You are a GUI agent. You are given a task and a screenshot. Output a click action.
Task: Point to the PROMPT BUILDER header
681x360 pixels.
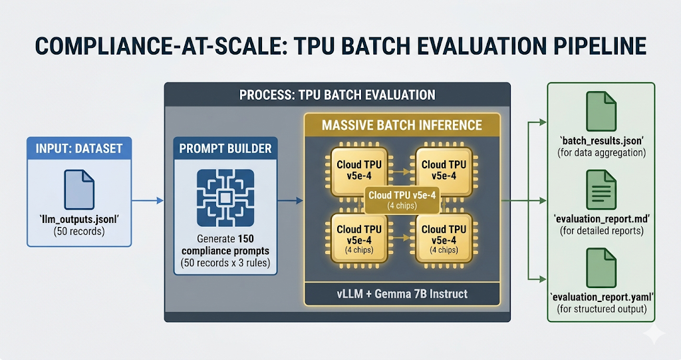click(x=225, y=148)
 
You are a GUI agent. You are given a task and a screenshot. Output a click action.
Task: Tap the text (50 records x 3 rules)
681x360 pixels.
click(x=225, y=264)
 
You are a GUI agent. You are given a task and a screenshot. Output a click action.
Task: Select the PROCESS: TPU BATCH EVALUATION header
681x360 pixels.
click(x=337, y=94)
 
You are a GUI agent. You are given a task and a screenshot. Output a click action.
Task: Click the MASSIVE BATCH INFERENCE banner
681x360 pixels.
click(x=402, y=125)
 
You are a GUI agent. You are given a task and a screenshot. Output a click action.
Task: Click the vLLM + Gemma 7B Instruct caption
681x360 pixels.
click(x=402, y=294)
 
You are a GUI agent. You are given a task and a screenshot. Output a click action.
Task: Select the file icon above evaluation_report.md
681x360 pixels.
click(x=600, y=189)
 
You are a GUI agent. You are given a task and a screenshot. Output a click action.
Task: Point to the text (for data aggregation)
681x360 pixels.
click(x=600, y=153)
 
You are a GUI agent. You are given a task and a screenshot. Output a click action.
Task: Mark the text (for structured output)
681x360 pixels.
click(x=600, y=308)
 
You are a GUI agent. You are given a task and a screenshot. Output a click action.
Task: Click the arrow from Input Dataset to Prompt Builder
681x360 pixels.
click(x=146, y=200)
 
